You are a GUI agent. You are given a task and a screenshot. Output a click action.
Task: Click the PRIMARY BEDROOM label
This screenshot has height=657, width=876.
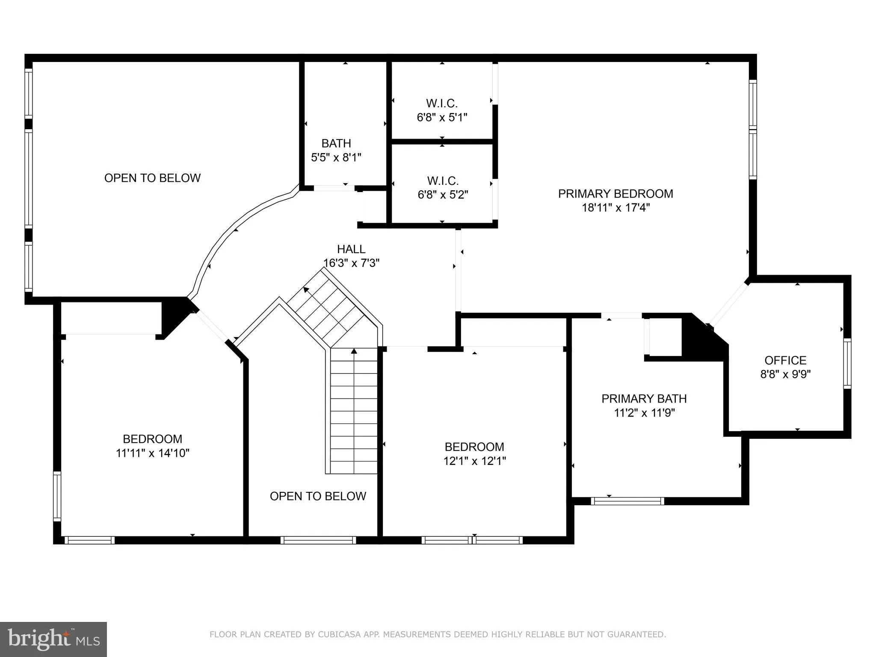(615, 194)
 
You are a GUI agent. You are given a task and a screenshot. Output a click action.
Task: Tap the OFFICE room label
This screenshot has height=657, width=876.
(785, 360)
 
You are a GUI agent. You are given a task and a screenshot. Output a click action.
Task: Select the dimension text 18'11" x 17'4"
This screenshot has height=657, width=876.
(615, 208)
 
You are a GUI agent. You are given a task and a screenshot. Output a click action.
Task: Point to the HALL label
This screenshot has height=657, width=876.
(351, 249)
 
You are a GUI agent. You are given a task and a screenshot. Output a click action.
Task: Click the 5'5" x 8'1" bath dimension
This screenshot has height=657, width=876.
(336, 157)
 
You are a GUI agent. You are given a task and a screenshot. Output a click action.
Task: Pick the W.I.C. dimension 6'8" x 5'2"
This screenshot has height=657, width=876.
(443, 195)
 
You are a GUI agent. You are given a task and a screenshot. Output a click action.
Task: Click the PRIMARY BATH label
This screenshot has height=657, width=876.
(644, 399)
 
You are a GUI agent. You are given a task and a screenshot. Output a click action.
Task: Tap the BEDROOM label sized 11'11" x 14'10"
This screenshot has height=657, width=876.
(152, 439)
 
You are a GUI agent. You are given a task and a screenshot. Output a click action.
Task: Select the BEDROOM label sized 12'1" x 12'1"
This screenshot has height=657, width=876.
(474, 447)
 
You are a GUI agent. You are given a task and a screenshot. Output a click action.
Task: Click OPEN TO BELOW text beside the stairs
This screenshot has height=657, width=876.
(318, 496)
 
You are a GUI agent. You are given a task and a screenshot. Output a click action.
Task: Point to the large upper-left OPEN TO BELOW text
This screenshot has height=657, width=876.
(152, 178)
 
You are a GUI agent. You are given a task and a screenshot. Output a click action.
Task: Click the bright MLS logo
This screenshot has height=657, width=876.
(53, 639)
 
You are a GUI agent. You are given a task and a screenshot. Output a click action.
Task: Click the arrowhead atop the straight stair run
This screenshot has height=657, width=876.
(354, 351)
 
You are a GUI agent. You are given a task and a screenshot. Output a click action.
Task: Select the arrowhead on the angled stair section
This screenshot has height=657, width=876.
(306, 290)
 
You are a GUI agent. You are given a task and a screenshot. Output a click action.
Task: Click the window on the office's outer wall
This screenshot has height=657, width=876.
(847, 364)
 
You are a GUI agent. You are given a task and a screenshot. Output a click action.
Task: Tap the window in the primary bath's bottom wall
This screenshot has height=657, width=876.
(627, 501)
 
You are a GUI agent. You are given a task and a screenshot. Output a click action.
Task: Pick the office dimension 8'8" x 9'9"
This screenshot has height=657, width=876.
(785, 374)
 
